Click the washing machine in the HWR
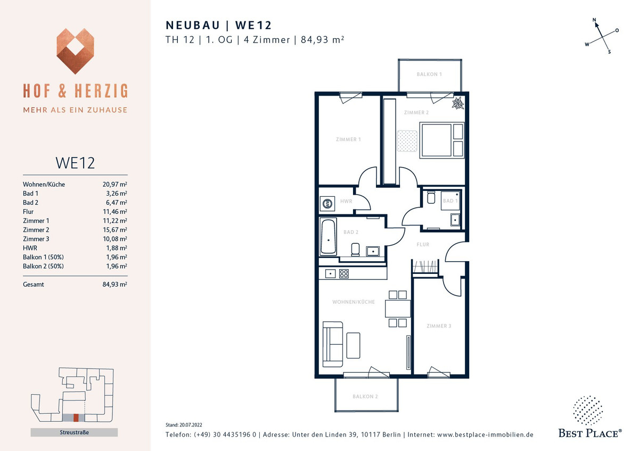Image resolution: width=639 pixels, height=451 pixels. pyautogui.click(x=327, y=203)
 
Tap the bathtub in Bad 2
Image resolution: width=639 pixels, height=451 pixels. pyautogui.click(x=328, y=237)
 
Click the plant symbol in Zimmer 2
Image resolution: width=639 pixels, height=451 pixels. pyautogui.click(x=458, y=103)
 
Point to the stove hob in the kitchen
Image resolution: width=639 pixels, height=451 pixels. pyautogui.click(x=344, y=274)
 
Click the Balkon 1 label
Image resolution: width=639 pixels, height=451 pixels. pyautogui.click(x=429, y=74)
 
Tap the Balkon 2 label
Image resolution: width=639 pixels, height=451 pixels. pyautogui.click(x=365, y=396)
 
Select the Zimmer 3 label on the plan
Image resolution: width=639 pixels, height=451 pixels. pyautogui.click(x=439, y=325)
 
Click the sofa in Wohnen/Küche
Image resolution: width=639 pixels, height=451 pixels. pyautogui.click(x=333, y=344)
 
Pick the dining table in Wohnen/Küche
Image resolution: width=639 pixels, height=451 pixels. pyautogui.click(x=398, y=308)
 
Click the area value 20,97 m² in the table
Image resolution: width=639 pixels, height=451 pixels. pyautogui.click(x=114, y=185)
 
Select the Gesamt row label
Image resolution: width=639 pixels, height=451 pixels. pyautogui.click(x=34, y=285)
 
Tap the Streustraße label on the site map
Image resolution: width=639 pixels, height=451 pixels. pyautogui.click(x=74, y=432)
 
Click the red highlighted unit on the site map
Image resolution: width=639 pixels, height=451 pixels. pyautogui.click(x=76, y=417)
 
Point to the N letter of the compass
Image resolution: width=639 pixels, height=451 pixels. pyautogui.click(x=594, y=20)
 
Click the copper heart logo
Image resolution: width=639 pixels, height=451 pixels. pyautogui.click(x=75, y=51)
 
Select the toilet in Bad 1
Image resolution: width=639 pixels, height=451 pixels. pyautogui.click(x=431, y=197)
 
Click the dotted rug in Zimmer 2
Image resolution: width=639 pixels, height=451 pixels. pyautogui.click(x=407, y=141)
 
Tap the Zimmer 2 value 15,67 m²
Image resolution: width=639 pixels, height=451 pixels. pyautogui.click(x=114, y=230)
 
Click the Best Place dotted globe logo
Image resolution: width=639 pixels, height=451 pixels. pyautogui.click(x=588, y=410)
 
